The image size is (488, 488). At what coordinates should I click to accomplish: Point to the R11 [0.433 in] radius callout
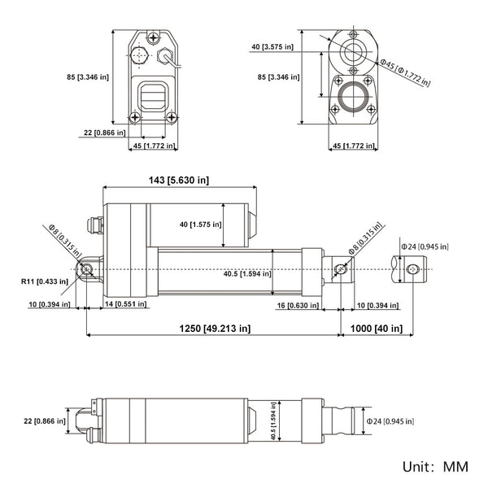pyautogui.click(x=46, y=282)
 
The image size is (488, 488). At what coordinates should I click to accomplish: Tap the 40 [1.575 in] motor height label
pyautogui.click(x=194, y=224)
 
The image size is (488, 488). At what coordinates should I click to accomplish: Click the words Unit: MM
pyautogui.click(x=434, y=468)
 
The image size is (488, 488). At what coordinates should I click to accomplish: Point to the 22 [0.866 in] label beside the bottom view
pyautogui.click(x=43, y=420)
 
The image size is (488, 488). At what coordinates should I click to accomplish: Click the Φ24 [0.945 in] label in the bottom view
pyautogui.click(x=390, y=420)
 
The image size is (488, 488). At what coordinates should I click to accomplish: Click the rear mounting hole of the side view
pyautogui.click(x=85, y=269)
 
